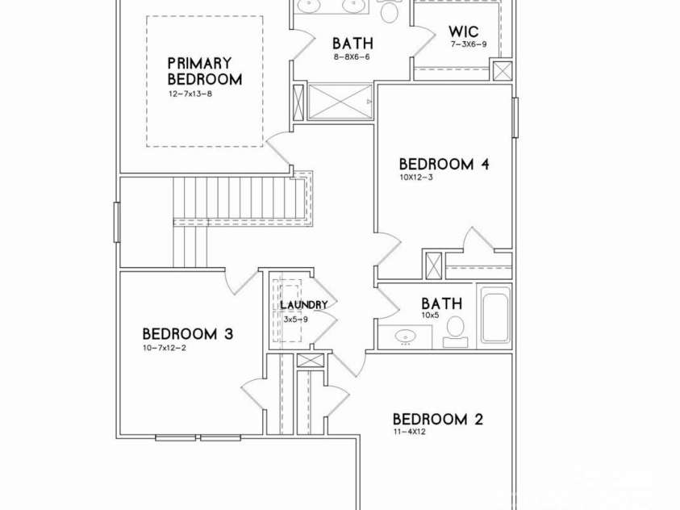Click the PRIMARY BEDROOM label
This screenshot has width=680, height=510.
205,72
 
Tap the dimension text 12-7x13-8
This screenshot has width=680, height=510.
190,94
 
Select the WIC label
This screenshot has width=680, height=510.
464,31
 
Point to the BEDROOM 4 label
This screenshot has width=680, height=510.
444,165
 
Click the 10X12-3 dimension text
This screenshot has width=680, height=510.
416,177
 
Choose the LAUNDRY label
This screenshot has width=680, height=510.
303,305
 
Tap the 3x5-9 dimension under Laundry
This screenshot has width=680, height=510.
296,320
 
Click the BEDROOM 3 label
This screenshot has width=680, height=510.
188,334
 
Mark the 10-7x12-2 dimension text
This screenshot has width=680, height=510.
165,347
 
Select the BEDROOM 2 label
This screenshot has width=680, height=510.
438,420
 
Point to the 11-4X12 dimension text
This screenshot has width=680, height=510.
410,432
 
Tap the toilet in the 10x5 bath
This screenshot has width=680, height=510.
456,332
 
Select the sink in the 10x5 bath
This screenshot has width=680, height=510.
406,337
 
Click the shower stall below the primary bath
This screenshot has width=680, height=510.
340,102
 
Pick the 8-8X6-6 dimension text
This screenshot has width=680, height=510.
352,56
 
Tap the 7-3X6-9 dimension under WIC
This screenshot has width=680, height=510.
469,44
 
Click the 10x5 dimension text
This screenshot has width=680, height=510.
430,316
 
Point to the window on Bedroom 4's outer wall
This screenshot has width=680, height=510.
515,118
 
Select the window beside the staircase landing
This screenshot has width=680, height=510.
117,222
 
